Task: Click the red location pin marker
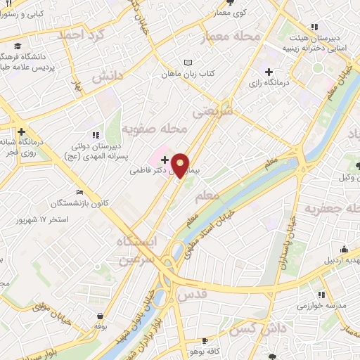pos(181,165)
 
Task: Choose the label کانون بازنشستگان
pos(105,203)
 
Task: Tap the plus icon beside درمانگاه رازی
pos(269,71)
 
